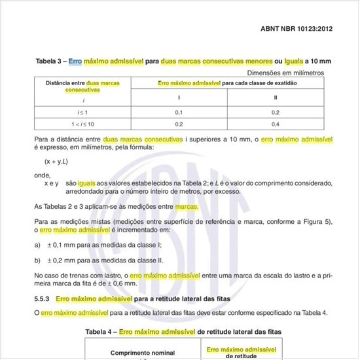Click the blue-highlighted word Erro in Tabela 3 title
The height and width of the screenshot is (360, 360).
tap(76, 62)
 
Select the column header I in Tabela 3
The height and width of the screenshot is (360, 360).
tap(179, 98)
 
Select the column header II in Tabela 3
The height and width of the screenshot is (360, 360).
tap(276, 98)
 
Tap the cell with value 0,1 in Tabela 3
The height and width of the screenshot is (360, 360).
tap(179, 113)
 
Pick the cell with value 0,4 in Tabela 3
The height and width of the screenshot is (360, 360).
tap(276, 124)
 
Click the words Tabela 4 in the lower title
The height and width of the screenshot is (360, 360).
tap(101, 333)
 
